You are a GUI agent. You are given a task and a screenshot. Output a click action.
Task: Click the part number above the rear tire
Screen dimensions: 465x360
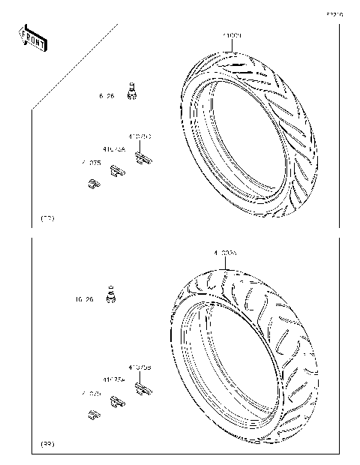225,253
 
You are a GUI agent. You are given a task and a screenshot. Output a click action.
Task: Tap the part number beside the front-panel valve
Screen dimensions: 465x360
106,97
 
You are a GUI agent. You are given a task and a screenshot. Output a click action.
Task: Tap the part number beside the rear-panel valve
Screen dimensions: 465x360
84,299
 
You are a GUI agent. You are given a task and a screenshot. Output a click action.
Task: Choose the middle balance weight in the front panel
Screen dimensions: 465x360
117,172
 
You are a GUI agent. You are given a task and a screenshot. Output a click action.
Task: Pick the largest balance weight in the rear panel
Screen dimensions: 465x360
143,388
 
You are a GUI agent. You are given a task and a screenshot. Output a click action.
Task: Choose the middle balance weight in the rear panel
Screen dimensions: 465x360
117,403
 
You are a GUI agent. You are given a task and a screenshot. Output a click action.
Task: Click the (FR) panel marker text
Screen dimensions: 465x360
46,218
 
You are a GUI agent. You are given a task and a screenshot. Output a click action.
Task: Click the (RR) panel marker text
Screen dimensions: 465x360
46,445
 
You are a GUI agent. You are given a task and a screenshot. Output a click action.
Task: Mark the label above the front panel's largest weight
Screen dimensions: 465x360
140,136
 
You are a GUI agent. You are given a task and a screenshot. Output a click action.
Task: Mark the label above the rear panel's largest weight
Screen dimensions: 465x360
140,367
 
